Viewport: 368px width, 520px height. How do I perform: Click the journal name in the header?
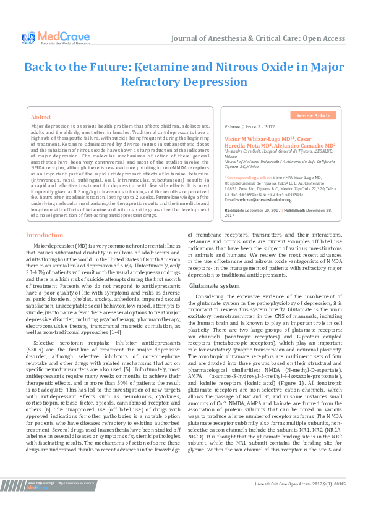click(x=259, y=38)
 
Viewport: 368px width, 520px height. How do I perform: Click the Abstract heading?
click(x=41, y=117)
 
